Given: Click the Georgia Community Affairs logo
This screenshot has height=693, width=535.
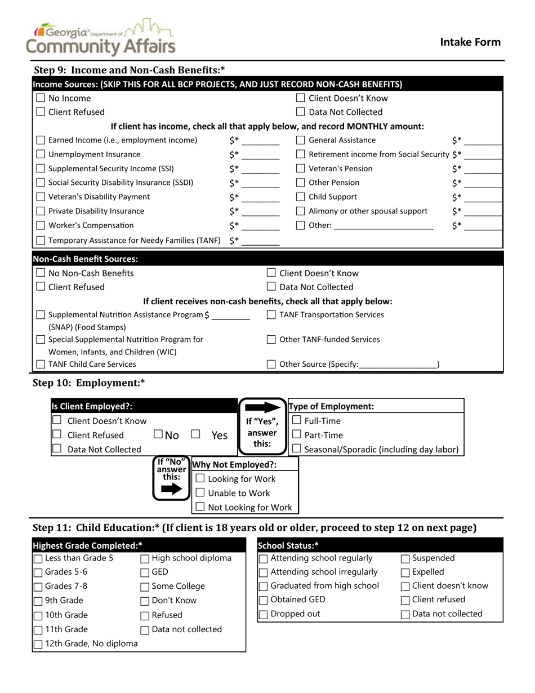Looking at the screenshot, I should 101,37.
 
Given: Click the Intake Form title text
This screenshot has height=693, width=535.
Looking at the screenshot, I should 470,42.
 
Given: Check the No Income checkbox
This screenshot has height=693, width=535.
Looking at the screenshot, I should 41,98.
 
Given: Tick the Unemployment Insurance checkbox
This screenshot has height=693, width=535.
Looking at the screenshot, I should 41,154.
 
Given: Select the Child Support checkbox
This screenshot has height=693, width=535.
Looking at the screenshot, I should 301,197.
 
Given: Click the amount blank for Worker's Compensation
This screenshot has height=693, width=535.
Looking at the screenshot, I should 260,226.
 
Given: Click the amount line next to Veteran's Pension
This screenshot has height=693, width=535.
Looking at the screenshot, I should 484,170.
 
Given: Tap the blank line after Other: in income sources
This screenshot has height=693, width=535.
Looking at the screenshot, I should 384,226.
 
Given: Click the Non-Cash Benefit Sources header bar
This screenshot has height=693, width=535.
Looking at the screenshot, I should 267,259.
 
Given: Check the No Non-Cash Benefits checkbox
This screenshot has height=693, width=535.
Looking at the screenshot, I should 41,273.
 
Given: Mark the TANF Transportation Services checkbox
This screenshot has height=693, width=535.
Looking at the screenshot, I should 271,315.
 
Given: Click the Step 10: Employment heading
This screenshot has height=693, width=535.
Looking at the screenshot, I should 89,383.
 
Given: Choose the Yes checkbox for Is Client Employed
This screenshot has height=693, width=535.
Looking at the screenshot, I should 196,434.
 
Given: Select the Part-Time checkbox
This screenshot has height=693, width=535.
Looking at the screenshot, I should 296,435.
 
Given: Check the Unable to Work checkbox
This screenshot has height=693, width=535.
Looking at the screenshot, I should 200,493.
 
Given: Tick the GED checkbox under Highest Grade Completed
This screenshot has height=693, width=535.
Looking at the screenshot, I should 145,573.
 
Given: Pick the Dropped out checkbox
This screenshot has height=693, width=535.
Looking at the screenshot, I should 263,615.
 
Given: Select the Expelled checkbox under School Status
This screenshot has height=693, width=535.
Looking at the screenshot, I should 405,573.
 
